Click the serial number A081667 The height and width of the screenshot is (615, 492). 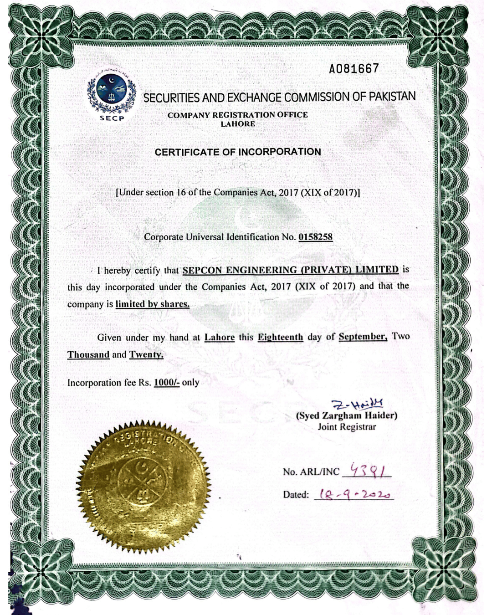tap(354, 69)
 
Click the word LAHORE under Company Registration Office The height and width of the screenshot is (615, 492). tap(238, 124)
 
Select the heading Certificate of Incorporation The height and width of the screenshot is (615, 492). tap(238, 152)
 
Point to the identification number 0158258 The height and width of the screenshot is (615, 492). tap(315, 237)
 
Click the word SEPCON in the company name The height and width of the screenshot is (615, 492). tap(202, 270)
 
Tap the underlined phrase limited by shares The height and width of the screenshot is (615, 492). tap(152, 304)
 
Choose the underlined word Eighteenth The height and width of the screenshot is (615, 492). tap(280, 337)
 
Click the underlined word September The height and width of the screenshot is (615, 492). tap(363, 337)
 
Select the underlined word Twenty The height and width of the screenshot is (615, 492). tap(146, 354)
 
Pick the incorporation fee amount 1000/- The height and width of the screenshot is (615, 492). tap(166, 383)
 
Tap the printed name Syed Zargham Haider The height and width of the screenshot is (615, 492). tap(347, 415)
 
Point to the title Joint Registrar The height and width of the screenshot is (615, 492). tap(347, 427)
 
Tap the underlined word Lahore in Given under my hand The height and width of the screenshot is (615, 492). tap(219, 338)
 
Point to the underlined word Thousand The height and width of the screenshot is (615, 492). tap(88, 355)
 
